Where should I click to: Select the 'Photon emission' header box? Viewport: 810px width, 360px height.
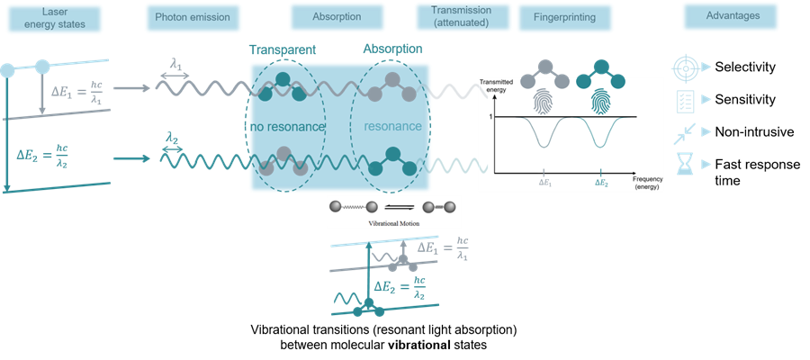pyautogui.click(x=192, y=17)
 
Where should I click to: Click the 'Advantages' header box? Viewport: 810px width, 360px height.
pyautogui.click(x=731, y=16)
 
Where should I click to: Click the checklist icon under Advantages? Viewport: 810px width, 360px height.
pyautogui.click(x=686, y=100)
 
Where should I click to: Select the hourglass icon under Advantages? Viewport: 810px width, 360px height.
pyautogui.click(x=685, y=164)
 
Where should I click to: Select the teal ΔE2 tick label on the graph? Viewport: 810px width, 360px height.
pyautogui.click(x=601, y=183)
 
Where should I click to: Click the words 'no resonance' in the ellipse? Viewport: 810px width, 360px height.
pyautogui.click(x=285, y=127)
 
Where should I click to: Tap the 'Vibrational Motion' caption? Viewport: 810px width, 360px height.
pyautogui.click(x=393, y=221)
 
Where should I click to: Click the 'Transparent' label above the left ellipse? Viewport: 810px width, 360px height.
pyautogui.click(x=275, y=50)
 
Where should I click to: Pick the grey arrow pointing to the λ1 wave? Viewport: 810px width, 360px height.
pyautogui.click(x=133, y=88)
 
